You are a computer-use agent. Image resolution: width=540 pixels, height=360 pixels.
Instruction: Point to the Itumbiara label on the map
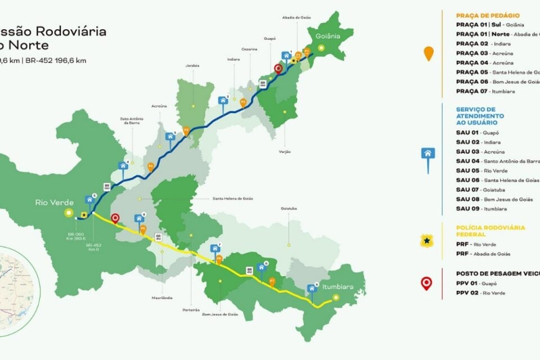pyautogui.click(x=338, y=286)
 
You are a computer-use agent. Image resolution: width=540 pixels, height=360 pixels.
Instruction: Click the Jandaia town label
pyautogui.click(x=193, y=65)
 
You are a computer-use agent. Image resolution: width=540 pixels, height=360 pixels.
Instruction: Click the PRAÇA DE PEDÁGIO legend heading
pyautogui.click(x=488, y=15)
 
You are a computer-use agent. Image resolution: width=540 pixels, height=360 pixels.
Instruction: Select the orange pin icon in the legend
pyautogui.click(x=429, y=53)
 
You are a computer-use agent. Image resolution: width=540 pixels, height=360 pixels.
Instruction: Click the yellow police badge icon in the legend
pyautogui.click(x=427, y=241)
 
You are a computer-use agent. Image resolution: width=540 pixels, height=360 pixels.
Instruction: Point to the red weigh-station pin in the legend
pyautogui.click(x=427, y=283)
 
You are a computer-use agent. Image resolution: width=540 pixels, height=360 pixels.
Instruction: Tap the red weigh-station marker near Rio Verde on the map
pyautogui.click(x=115, y=218)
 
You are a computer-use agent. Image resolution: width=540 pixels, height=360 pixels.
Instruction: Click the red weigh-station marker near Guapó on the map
pyautogui.click(x=277, y=69)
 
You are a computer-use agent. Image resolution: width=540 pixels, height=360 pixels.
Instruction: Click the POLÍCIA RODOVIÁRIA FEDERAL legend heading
pyautogui.click(x=490, y=231)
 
